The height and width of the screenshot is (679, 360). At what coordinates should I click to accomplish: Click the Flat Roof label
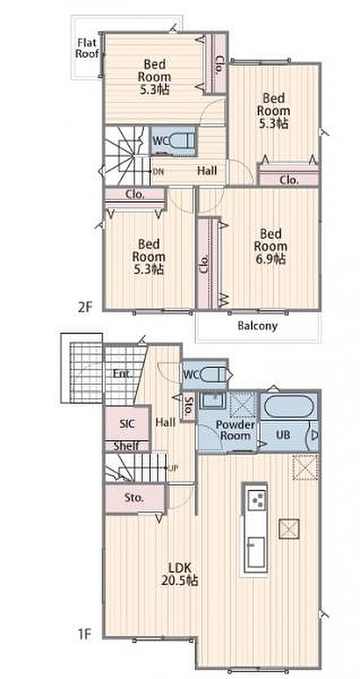coord(88,48)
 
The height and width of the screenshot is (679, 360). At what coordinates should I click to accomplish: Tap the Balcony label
coord(257,326)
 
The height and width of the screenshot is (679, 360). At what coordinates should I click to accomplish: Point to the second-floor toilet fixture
coord(181,141)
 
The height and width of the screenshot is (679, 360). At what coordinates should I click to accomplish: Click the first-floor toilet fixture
coord(214,374)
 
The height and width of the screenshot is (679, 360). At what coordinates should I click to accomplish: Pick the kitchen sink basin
coord(255,552)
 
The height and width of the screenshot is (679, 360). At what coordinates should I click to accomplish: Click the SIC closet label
coord(127,423)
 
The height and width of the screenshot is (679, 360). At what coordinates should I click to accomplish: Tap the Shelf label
coord(126,446)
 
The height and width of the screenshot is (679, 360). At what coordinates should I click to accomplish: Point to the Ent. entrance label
coord(123,373)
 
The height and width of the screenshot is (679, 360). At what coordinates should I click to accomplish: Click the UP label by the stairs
coord(174,468)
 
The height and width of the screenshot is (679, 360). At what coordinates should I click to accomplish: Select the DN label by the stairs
coord(158,171)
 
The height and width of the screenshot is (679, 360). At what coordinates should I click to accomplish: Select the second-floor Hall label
coord(207,171)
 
